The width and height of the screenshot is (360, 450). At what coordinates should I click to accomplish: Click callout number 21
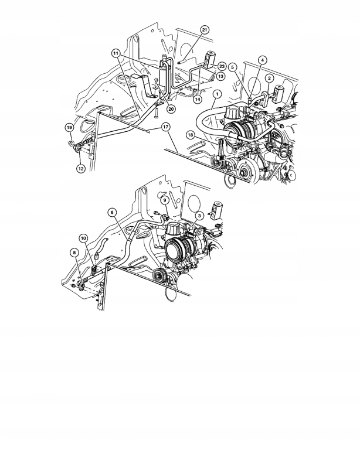203,29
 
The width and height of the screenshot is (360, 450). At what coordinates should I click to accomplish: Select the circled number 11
116,53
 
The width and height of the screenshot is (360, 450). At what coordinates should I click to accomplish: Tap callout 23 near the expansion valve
222,66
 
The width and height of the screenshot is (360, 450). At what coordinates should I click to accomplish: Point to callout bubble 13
220,76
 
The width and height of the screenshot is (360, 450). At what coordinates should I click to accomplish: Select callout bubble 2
269,78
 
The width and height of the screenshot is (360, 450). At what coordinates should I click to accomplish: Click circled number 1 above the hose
216,94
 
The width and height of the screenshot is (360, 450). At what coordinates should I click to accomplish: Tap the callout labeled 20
171,108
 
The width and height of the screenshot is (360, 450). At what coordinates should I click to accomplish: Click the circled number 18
190,135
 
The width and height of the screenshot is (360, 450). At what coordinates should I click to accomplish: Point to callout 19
69,127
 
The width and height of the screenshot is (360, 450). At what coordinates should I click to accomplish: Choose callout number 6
112,212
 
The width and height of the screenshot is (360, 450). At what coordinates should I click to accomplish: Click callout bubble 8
74,253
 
